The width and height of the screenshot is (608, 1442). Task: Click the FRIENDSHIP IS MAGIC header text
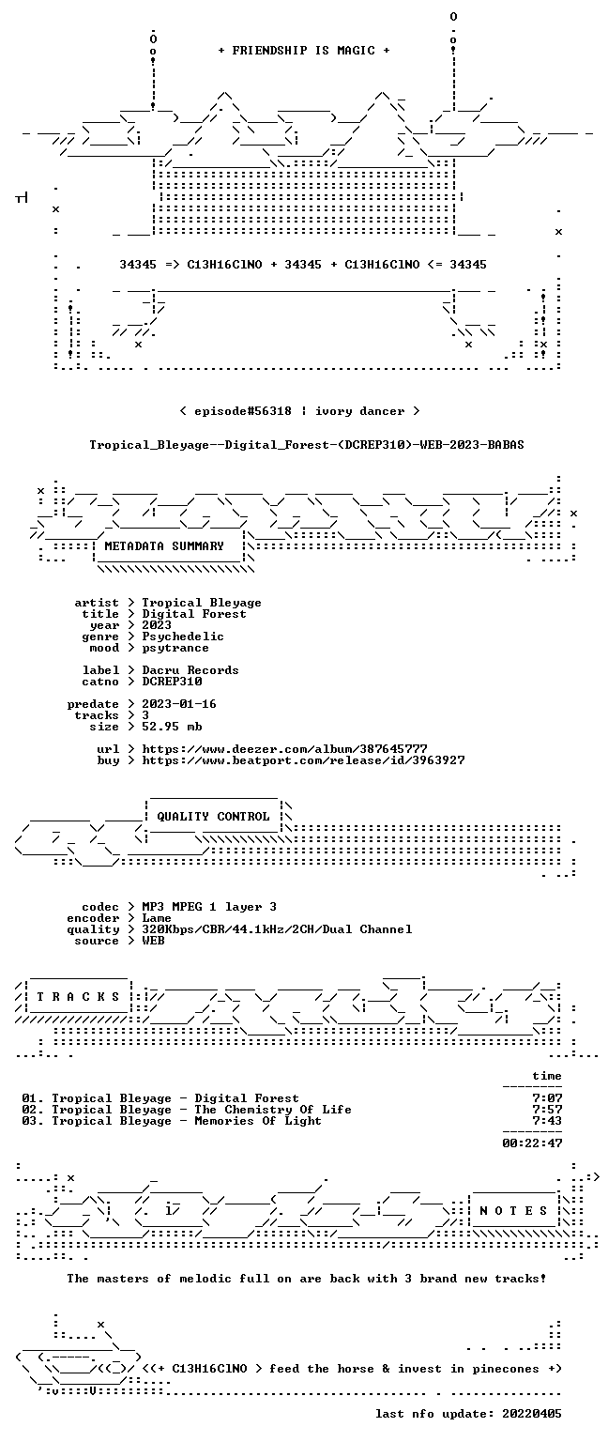304,50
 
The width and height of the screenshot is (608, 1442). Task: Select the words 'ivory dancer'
359,410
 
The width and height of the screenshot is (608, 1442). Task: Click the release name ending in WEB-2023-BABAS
307,445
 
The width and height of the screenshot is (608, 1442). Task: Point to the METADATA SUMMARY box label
164,545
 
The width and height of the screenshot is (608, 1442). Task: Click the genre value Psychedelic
183,637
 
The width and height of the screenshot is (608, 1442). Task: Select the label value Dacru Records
190,670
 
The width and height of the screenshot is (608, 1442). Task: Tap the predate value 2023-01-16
179,703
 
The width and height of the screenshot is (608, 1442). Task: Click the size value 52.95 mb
172,726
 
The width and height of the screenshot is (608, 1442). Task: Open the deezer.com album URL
284,748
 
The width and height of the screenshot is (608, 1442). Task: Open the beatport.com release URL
303,760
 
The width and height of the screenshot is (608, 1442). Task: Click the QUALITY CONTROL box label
213,816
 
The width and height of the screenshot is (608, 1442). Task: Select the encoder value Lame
157,918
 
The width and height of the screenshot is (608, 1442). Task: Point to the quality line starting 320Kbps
277,928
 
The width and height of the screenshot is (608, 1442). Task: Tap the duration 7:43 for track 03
547,1121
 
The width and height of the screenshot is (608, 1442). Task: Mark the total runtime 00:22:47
532,1143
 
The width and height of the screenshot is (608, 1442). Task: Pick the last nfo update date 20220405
531,1414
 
